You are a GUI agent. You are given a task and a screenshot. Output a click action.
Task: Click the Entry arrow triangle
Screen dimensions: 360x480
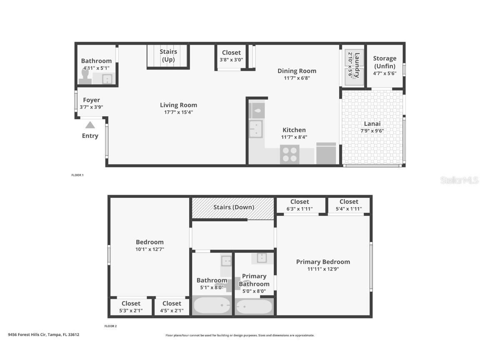(x=90, y=125)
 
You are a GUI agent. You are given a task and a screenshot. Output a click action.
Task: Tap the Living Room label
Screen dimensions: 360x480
(x=178, y=105)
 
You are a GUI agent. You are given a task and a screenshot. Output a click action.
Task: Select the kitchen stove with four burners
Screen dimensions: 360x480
(x=289, y=154)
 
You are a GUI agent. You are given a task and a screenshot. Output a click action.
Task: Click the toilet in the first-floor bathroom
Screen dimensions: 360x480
(x=85, y=76)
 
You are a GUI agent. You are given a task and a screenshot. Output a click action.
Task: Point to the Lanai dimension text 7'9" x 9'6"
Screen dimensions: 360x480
(x=372, y=130)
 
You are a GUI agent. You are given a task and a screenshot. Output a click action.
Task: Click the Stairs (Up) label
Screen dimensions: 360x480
(x=168, y=55)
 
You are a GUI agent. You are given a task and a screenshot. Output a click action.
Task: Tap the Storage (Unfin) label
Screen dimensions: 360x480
(x=385, y=62)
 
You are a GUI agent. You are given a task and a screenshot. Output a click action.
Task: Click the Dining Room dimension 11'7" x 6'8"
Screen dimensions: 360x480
(x=297, y=78)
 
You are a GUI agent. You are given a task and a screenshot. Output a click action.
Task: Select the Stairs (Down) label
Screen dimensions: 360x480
(x=233, y=207)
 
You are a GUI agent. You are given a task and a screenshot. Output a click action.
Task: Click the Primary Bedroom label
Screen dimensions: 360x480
(x=323, y=262)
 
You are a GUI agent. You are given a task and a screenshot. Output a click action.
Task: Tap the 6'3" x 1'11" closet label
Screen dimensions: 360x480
(x=300, y=209)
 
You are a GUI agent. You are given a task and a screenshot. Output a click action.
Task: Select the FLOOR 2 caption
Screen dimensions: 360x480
(x=110, y=326)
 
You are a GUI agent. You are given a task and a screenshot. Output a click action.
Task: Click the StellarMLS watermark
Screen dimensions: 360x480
(x=459, y=180)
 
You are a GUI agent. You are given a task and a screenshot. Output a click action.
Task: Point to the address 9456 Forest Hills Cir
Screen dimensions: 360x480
(x=43, y=335)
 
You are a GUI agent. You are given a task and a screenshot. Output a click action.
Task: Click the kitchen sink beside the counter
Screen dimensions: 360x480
(x=255, y=129)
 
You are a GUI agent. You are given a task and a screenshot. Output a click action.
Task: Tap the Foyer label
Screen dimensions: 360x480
(x=91, y=100)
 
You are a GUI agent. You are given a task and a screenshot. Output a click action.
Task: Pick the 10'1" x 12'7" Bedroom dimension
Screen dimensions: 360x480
(x=150, y=249)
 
